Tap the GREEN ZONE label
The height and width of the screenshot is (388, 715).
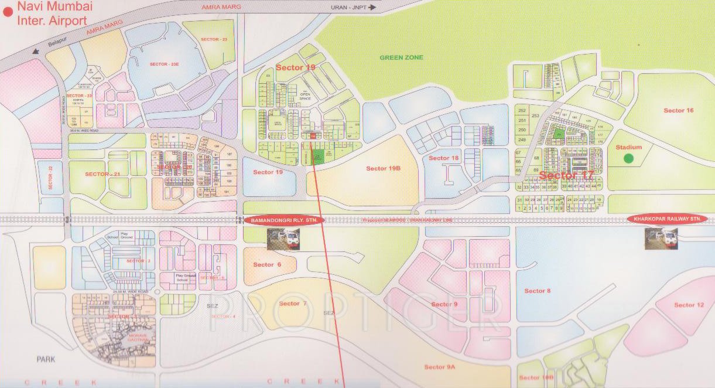(x=401, y=57)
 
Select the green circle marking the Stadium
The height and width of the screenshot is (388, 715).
(x=628, y=158)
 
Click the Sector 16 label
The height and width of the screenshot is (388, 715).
(x=678, y=110)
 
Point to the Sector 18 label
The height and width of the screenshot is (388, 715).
(x=443, y=158)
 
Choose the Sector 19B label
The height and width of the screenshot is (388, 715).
(x=383, y=169)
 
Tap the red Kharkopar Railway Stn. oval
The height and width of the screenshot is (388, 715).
(x=667, y=219)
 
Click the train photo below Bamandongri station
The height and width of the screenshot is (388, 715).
(x=284, y=239)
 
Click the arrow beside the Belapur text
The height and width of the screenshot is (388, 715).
(x=37, y=51)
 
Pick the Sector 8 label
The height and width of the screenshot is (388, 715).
(x=537, y=291)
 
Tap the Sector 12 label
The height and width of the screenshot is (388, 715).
(x=689, y=305)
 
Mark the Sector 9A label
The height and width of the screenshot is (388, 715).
(x=439, y=367)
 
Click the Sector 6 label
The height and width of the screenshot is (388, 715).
(x=267, y=265)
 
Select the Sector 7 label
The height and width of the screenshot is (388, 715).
(x=293, y=304)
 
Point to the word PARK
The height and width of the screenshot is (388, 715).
(x=45, y=359)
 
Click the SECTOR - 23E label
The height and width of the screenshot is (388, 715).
(x=163, y=64)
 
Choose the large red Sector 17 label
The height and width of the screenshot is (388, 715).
(x=566, y=176)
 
